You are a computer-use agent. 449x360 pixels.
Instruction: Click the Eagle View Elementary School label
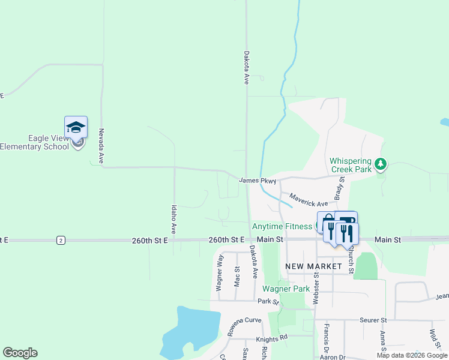pyautogui.click(x=34, y=143)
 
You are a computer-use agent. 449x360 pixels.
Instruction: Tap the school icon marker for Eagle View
pyautogui.click(x=76, y=128)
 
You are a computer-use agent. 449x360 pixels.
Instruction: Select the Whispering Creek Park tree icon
pyautogui.click(x=380, y=164)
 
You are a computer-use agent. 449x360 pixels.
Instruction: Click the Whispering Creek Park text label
pyautogui.click(x=351, y=166)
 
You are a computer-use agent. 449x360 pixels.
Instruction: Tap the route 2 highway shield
pyautogui.click(x=61, y=240)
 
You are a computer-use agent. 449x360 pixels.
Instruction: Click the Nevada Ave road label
pyautogui.click(x=101, y=146)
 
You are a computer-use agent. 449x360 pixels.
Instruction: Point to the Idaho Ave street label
pyautogui.click(x=173, y=219)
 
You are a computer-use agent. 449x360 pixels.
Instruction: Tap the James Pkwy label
pyautogui.click(x=258, y=181)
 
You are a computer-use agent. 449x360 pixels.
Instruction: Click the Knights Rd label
pyautogui.click(x=271, y=338)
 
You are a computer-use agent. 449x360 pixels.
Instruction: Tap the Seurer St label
pyautogui.click(x=373, y=321)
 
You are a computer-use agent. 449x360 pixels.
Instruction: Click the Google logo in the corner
pyautogui.click(x=20, y=353)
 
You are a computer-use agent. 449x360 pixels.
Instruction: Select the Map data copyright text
pyautogui.click(x=412, y=355)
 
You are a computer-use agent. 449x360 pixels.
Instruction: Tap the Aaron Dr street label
pyautogui.click(x=333, y=357)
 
